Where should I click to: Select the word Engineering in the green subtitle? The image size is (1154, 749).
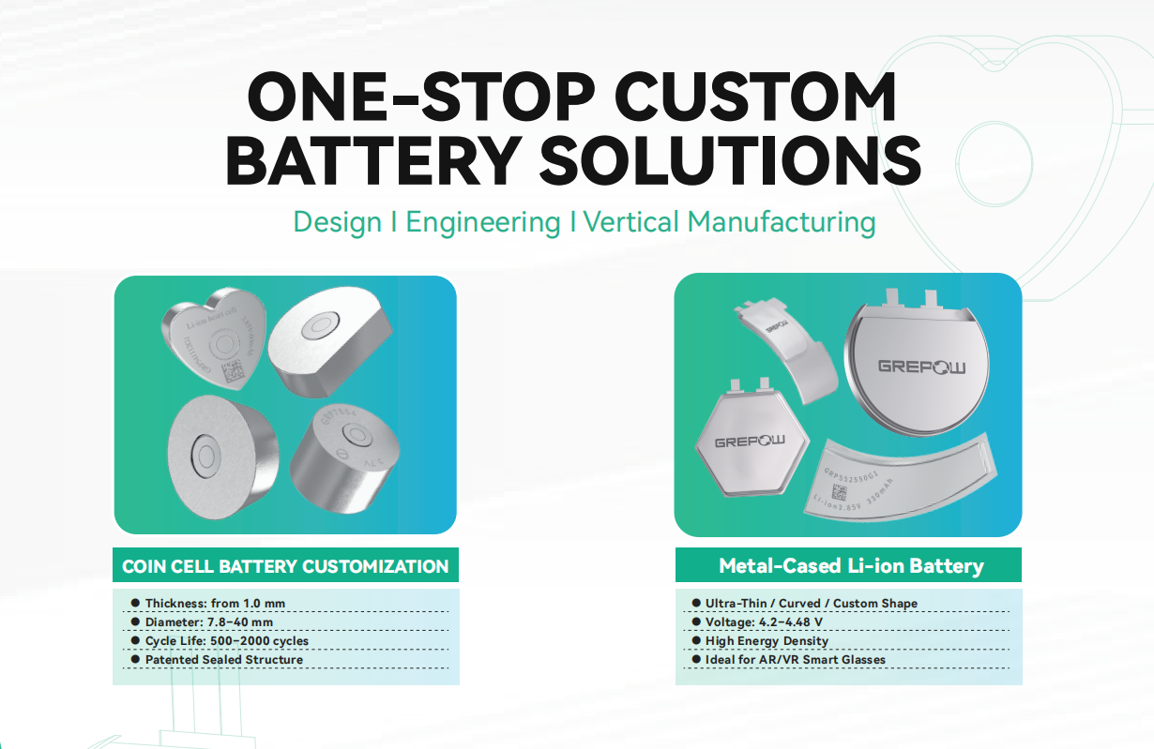482,223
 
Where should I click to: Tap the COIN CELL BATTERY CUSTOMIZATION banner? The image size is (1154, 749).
285,566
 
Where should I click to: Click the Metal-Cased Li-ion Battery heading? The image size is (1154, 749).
850,565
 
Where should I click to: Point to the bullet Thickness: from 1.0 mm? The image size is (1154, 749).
215,603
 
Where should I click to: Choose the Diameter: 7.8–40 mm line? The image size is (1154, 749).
209,622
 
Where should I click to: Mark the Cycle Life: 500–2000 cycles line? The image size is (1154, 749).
226,641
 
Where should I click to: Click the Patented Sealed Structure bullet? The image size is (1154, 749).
223,660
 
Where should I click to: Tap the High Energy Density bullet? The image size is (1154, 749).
767,641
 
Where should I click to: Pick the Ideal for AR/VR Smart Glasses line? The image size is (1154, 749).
795,660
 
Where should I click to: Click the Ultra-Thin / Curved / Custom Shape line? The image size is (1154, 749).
811,603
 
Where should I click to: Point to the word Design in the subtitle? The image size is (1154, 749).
337,223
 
